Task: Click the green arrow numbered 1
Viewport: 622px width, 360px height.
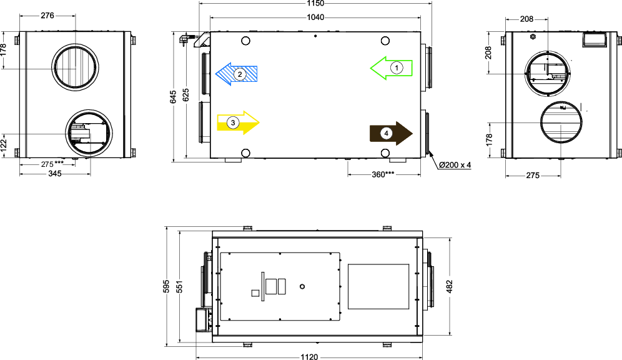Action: [x=391, y=68]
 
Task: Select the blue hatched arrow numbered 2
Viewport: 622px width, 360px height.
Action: [x=237, y=74]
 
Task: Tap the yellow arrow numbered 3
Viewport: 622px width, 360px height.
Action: [x=238, y=122]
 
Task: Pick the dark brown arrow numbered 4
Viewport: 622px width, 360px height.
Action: [x=391, y=133]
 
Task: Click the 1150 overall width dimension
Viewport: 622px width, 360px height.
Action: [x=315, y=4]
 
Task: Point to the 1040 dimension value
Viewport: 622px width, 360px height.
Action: [x=315, y=17]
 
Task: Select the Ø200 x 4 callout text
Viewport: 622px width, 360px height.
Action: [x=455, y=165]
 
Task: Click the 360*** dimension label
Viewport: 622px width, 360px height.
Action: [x=383, y=174]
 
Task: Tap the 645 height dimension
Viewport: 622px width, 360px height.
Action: [x=174, y=97]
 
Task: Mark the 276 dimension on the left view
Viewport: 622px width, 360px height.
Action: [x=47, y=16]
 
